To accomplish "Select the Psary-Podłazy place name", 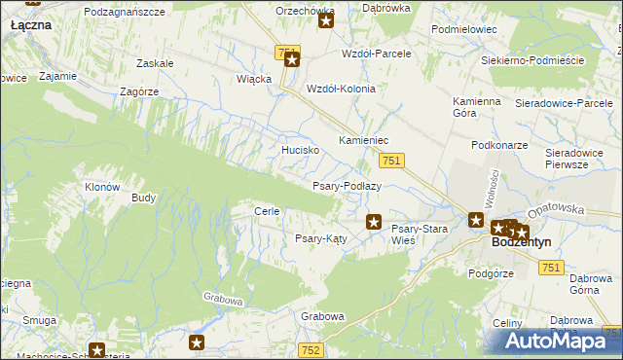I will pyautogui.click(x=346, y=185).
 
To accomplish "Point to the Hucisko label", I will pyautogui.click(x=301, y=151).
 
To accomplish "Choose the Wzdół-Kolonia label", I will pyautogui.click(x=341, y=88).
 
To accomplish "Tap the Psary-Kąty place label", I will pyautogui.click(x=321, y=238).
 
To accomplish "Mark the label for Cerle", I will pyautogui.click(x=267, y=211).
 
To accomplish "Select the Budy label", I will pyautogui.click(x=143, y=198).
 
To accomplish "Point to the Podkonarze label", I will pyautogui.click(x=498, y=144).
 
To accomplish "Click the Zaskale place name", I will pyautogui.click(x=156, y=63).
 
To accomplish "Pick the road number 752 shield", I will pyautogui.click(x=311, y=349).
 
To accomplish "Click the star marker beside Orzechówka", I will pyautogui.click(x=326, y=19).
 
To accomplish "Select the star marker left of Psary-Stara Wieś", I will pyautogui.click(x=373, y=223).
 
